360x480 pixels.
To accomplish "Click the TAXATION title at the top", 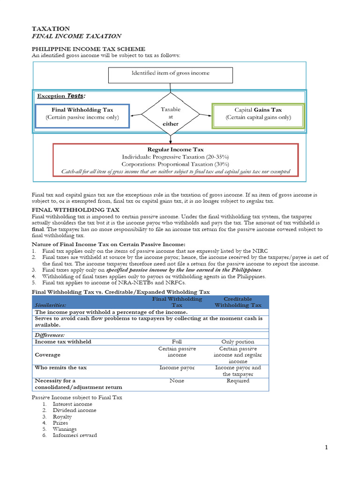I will point(51,29).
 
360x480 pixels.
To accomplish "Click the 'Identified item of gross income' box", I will point(170,73).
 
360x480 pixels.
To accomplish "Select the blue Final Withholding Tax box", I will point(82,114).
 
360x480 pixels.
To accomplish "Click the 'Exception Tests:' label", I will point(61,96).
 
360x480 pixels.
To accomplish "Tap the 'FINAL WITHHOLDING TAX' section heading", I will point(75,210).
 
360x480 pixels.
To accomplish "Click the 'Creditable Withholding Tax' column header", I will point(238,302).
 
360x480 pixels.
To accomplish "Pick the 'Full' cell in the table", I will point(177,342).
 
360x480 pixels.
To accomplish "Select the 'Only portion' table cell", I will point(238,342).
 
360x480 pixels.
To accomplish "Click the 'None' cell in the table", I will point(177,381).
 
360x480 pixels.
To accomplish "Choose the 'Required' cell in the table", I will point(238,381).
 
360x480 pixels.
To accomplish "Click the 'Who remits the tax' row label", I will point(60,367).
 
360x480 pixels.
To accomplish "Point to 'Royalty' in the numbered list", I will point(62,417).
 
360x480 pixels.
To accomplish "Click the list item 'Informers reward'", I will point(75,435).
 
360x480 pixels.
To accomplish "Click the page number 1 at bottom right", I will point(327,448).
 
